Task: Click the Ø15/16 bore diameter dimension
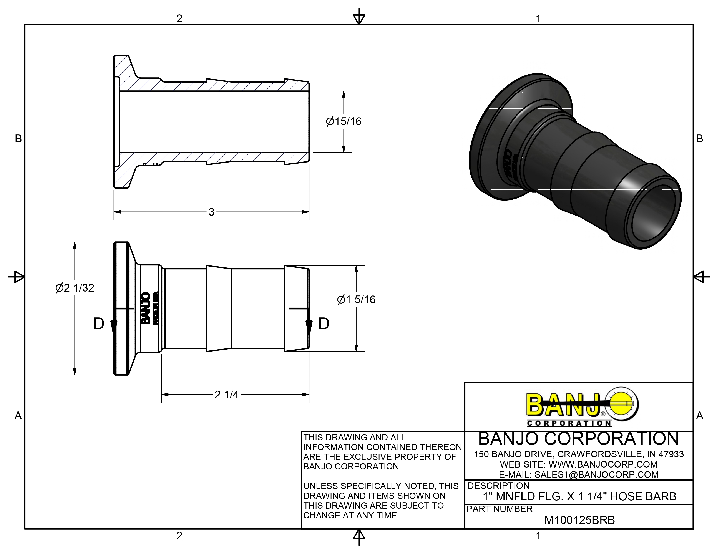343,121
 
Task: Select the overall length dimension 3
211,212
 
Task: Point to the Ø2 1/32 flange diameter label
75,288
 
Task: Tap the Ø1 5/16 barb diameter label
356,300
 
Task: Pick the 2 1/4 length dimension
227,395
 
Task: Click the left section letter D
99,324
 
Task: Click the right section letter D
324,324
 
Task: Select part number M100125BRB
579,520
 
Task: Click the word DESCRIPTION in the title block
498,486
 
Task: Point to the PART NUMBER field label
499,509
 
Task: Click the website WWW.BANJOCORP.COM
603,464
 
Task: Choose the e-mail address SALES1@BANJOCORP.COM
596,474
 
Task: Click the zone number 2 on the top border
179,18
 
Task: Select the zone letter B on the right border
700,139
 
